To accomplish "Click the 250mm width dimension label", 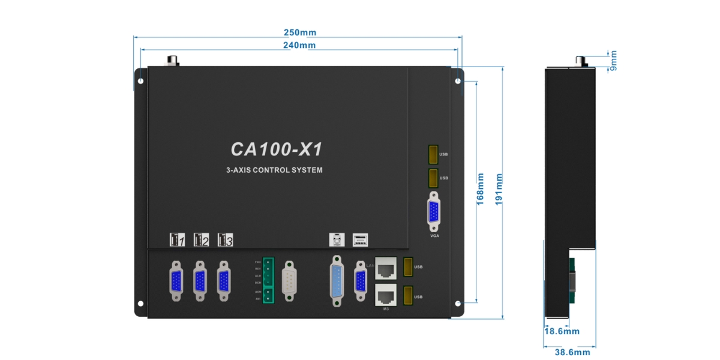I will (299, 32).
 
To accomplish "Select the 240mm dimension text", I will (299, 45).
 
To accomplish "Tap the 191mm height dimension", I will (499, 190).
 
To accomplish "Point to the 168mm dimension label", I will (481, 190).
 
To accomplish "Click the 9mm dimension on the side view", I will (613, 60).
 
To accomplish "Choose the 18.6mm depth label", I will (562, 331).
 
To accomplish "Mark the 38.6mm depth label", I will (572, 353).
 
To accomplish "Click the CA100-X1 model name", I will (277, 149).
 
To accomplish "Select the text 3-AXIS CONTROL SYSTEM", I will (274, 170).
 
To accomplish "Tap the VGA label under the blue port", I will (434, 236).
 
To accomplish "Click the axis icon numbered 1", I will (177, 239).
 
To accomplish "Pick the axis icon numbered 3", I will (225, 239).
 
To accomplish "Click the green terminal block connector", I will (268, 280).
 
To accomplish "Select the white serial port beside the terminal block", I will (290, 280).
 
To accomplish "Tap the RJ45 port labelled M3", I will (386, 295).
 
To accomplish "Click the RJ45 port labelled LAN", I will (386, 268).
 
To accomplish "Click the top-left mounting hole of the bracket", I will (140, 80).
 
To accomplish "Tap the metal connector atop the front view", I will (173, 60).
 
